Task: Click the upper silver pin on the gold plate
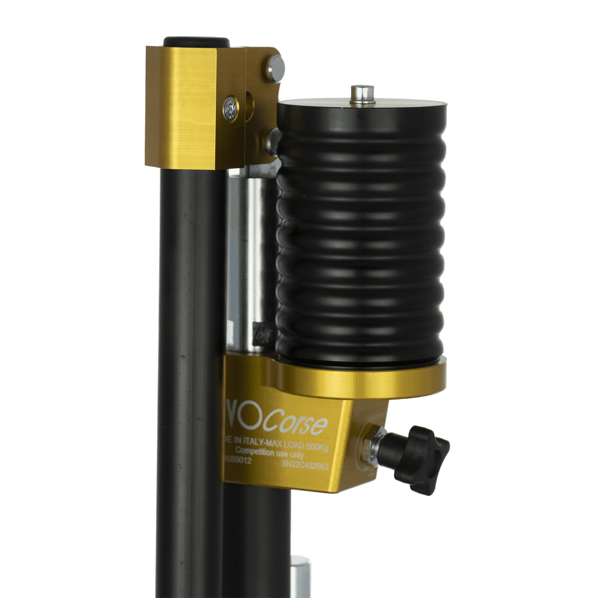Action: click(276, 68)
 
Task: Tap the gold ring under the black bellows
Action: click(359, 377)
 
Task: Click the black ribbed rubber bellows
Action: click(361, 233)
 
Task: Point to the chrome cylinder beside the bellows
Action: click(250, 263)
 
